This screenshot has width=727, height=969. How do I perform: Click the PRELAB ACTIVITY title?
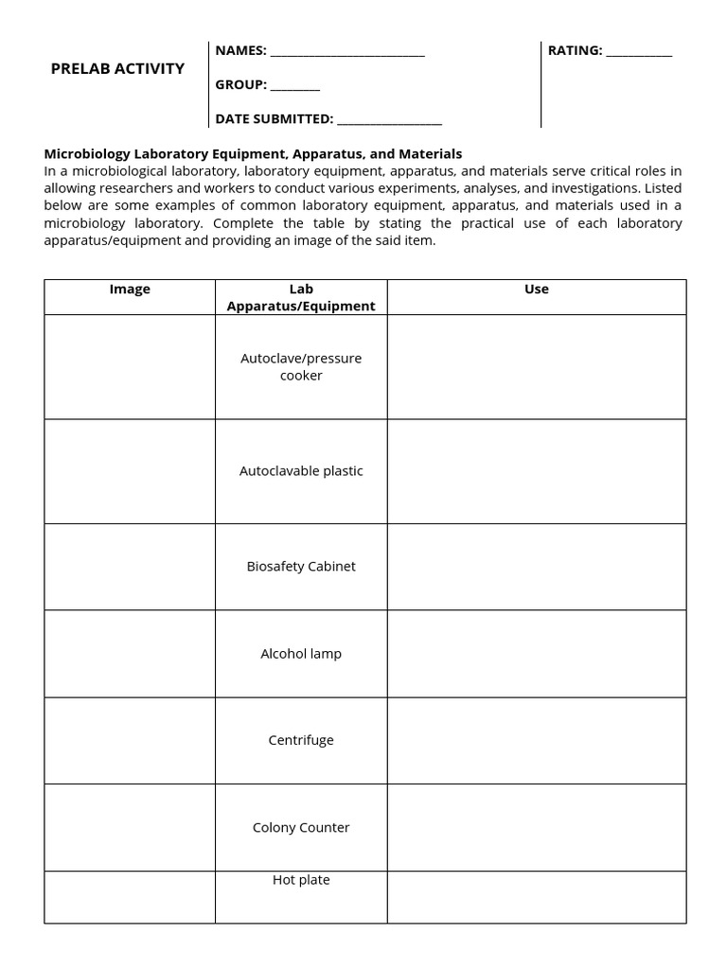click(117, 69)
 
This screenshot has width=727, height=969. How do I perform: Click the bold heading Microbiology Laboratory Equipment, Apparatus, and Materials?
click(253, 153)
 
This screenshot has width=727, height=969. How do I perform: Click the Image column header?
click(130, 290)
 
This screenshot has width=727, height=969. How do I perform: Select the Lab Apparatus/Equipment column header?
click(301, 297)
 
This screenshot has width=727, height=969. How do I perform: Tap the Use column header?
click(536, 290)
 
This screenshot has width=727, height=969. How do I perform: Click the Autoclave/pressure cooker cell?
click(301, 367)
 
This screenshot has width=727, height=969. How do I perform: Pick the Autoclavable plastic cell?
click(301, 471)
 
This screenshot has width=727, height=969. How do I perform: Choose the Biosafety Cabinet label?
click(301, 567)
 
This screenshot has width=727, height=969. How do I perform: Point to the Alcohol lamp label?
click(301, 654)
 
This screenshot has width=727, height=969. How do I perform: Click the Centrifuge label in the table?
click(301, 741)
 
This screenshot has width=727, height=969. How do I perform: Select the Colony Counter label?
click(301, 828)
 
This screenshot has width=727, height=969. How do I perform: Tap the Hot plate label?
click(301, 880)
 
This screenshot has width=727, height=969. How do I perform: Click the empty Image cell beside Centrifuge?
click(130, 741)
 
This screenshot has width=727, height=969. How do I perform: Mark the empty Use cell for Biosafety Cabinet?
click(536, 567)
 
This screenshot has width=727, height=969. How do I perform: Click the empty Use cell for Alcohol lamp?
click(536, 654)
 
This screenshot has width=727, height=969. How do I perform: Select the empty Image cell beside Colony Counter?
click(130, 828)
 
